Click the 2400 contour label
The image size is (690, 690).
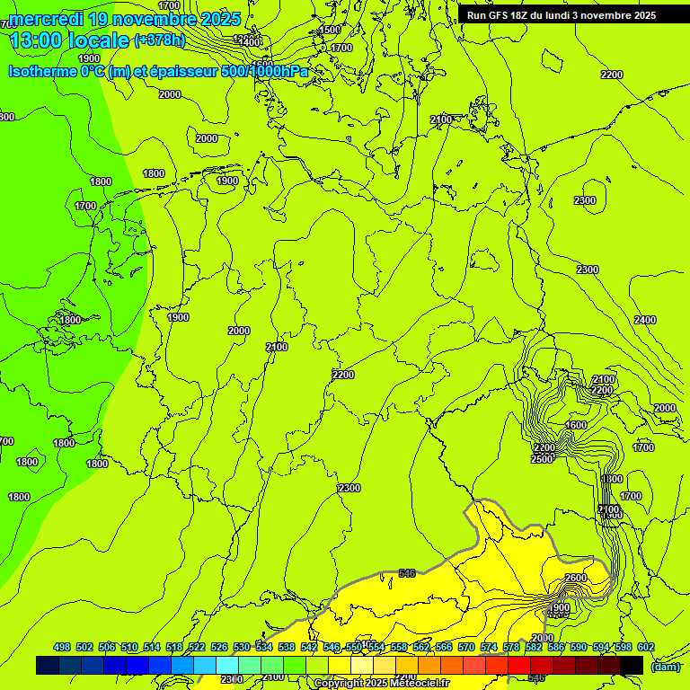(x=644, y=321)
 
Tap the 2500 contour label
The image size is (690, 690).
(x=542, y=459)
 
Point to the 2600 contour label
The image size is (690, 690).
(x=576, y=578)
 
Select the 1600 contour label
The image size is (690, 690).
(x=576, y=425)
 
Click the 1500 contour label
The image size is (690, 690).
(x=330, y=30)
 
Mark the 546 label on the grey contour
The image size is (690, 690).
(x=407, y=572)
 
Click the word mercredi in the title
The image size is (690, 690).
(x=47, y=19)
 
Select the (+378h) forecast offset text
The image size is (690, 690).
(x=159, y=40)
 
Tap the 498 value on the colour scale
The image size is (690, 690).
(x=62, y=647)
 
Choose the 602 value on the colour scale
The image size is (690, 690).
(x=646, y=647)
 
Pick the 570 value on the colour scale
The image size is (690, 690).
(x=489, y=647)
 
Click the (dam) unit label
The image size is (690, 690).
(x=666, y=666)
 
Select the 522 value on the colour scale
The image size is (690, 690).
(x=197, y=647)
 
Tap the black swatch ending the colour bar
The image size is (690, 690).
(x=632, y=665)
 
